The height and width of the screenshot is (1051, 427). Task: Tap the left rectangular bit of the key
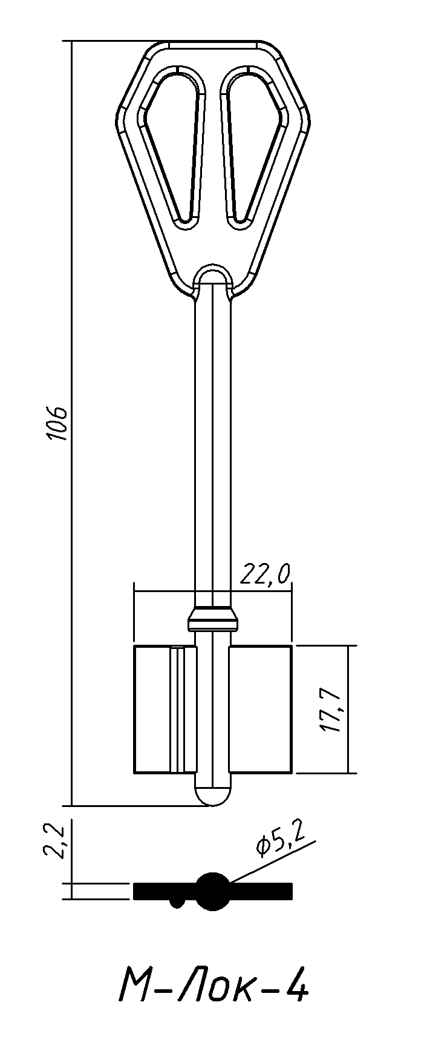(165, 710)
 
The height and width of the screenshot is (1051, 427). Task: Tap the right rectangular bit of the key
(261, 710)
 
